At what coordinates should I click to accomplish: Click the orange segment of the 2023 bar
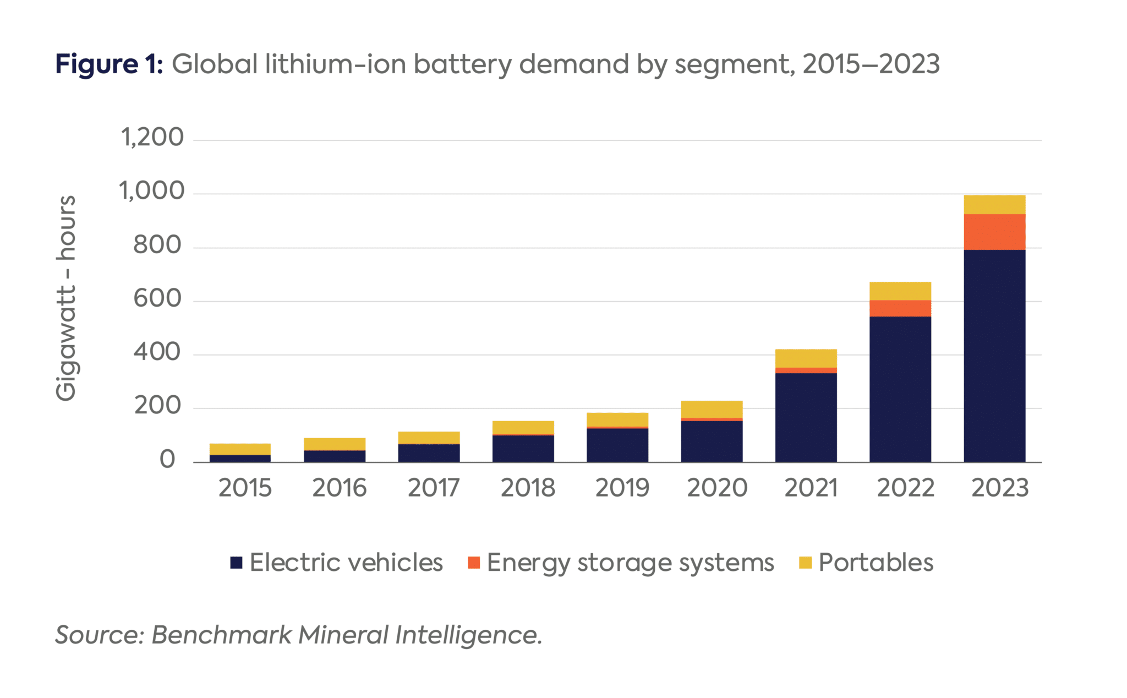point(994,232)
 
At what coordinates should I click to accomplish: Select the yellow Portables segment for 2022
point(900,291)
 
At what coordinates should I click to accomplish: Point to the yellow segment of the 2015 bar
point(240,449)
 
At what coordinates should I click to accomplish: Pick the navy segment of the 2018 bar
point(523,448)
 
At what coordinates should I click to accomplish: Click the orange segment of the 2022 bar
point(900,308)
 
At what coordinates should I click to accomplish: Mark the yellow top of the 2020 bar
point(712,409)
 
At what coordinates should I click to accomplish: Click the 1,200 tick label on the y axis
point(152,137)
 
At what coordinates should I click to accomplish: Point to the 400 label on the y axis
point(157,352)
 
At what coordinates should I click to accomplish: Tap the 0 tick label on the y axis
point(167,459)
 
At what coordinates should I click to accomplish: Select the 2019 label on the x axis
point(622,488)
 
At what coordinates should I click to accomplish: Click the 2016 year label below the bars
point(339,488)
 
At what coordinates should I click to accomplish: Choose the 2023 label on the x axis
point(999,488)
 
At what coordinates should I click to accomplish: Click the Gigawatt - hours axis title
point(66,298)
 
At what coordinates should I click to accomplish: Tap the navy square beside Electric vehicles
point(236,563)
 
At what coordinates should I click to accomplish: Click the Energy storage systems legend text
point(630,563)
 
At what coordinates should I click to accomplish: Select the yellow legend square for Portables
point(805,563)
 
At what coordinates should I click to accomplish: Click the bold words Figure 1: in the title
point(109,64)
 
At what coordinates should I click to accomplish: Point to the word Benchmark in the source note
point(221,635)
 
